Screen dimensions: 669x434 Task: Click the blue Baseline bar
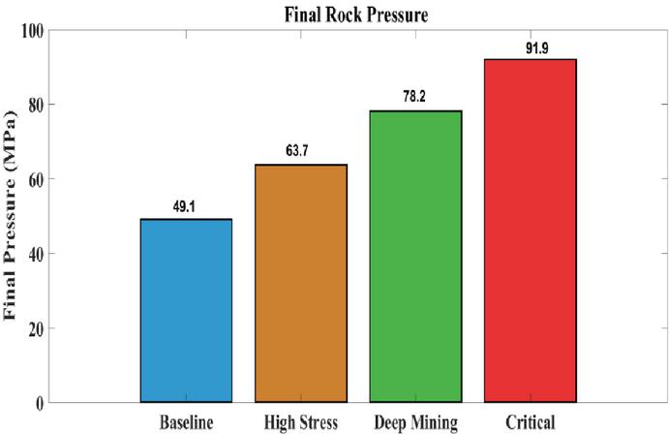[x=187, y=311]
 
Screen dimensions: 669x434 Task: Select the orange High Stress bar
[x=301, y=283]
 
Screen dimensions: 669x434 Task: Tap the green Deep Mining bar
[x=416, y=257]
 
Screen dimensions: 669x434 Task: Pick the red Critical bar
[x=531, y=231]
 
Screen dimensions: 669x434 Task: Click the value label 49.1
[x=184, y=207]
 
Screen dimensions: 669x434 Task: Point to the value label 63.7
[x=297, y=151]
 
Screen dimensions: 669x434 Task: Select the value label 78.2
[x=414, y=97]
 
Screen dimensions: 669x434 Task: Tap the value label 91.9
[x=537, y=48]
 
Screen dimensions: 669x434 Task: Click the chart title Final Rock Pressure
[x=356, y=15]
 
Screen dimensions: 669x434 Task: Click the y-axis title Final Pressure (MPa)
[x=10, y=215]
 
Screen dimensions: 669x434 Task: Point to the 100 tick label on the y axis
[x=32, y=31]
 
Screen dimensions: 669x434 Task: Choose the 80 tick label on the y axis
[x=36, y=106]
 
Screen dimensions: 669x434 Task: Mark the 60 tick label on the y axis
[x=36, y=179]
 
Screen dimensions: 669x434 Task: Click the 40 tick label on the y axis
[x=36, y=255]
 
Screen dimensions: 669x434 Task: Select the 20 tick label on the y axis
[x=36, y=329]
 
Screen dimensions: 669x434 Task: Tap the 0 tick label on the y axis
[x=40, y=404]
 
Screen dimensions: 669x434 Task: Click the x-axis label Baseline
[x=187, y=422]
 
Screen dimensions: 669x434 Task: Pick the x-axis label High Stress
[x=301, y=422]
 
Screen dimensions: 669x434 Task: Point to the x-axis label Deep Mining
[x=416, y=423]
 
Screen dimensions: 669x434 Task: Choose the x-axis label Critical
[x=531, y=422]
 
